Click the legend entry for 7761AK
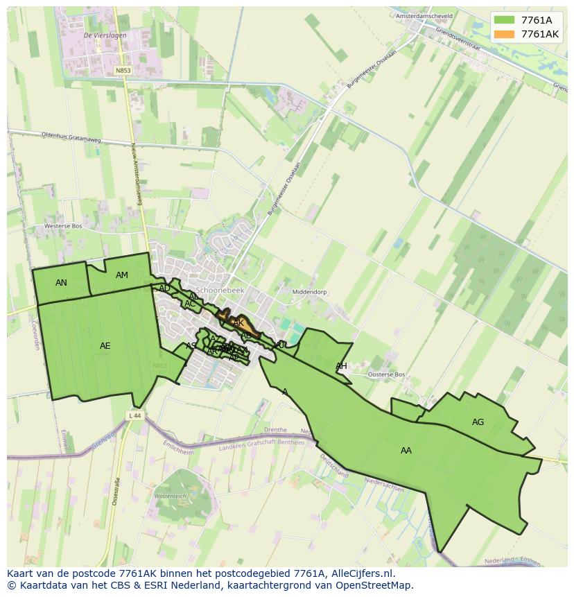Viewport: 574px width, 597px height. (x=539, y=34)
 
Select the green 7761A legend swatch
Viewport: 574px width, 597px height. (x=504, y=20)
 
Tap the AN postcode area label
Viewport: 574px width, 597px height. (x=61, y=283)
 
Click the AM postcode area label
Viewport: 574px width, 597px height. (x=122, y=275)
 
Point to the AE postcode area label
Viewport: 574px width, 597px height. (x=105, y=346)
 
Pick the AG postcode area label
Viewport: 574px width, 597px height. (x=478, y=422)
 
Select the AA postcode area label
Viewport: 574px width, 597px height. (x=406, y=451)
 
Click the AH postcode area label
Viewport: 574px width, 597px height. (x=341, y=366)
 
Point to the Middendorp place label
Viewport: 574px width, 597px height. (x=310, y=293)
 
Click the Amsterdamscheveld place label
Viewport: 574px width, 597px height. (x=424, y=16)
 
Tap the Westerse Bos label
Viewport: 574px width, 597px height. (x=63, y=226)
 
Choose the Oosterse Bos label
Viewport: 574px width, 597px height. (x=386, y=374)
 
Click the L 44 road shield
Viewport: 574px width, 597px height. (x=134, y=415)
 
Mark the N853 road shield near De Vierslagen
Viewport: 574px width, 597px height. (x=123, y=71)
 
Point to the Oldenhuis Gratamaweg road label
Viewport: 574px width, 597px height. (x=71, y=137)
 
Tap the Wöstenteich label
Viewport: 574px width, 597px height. (x=170, y=496)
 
